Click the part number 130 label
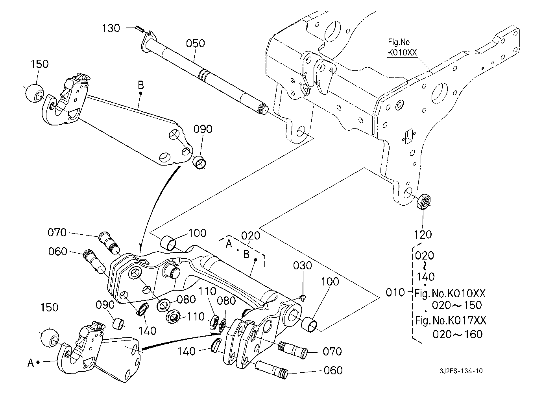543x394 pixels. (111, 28)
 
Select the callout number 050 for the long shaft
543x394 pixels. (196, 43)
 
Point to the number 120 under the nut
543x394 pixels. (423, 235)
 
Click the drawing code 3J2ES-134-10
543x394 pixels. (461, 371)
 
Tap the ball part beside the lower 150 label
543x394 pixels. (49, 337)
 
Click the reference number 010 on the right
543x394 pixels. (395, 292)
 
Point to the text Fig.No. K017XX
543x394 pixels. (451, 320)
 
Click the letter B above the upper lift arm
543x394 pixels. (140, 85)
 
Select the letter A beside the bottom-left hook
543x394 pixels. (31, 363)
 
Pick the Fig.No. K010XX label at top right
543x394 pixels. (402, 47)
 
